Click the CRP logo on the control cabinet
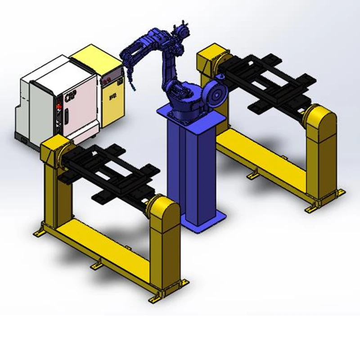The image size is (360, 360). pos(70,97)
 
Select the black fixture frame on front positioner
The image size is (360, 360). pos(110,173)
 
